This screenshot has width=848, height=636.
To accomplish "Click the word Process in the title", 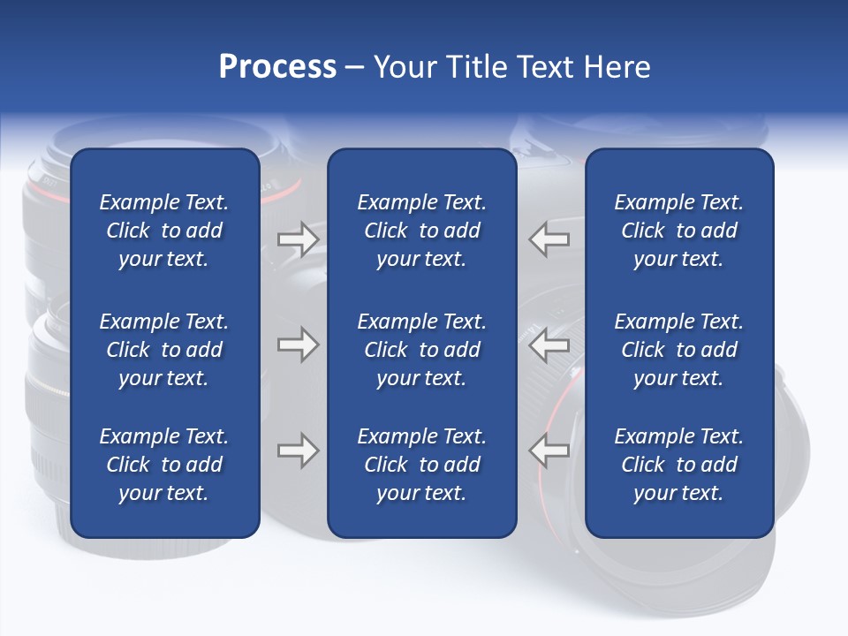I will (277, 67).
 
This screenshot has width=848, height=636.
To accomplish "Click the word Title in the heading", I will (477, 67).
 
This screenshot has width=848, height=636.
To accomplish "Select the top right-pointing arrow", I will (298, 239).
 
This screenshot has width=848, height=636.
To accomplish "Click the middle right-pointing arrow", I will (298, 344).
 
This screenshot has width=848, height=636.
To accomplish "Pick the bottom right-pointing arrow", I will (298, 450).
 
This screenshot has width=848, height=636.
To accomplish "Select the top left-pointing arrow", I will (549, 239).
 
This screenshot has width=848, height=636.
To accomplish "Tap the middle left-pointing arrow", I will (549, 344).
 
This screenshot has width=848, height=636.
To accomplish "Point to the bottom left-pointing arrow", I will (549, 450).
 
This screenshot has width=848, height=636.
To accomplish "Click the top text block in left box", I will (164, 231).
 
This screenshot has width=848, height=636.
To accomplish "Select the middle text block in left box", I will (164, 350).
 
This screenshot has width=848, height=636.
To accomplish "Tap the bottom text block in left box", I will (164, 465).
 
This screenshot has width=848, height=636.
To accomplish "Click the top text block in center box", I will (421, 231).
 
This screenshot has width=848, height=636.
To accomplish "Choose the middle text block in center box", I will (421, 350).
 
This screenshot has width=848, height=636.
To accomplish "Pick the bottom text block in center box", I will (421, 465).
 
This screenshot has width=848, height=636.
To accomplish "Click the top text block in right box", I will (678, 231).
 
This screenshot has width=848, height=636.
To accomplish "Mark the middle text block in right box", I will (678, 350).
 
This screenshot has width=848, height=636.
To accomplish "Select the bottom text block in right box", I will (678, 465).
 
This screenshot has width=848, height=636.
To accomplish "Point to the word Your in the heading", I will (405, 67).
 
